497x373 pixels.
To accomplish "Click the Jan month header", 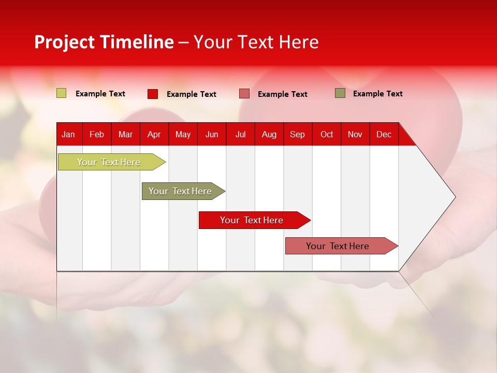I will coord(68,135).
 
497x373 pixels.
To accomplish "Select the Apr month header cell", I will coord(154,135).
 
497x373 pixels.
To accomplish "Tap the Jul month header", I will coord(241,135).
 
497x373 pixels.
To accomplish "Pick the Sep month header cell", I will coord(298,135).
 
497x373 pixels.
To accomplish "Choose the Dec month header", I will coord(384,135).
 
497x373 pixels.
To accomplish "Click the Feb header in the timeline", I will coord(97,135).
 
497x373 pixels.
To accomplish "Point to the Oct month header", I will coord(327,135).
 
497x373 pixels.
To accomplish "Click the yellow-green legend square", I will coord(62,93).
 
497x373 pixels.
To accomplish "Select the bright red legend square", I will coord(153,94).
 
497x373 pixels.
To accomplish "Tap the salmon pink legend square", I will coord(244,94).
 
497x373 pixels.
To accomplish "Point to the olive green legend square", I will coord(340,93).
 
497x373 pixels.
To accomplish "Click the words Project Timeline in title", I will coord(104,42).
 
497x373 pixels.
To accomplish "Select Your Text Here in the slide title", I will coord(256,42).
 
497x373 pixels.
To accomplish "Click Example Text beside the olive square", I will coord(377,94).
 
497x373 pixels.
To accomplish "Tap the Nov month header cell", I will coord(355,135).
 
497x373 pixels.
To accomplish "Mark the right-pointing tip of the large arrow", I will coord(454,197).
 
